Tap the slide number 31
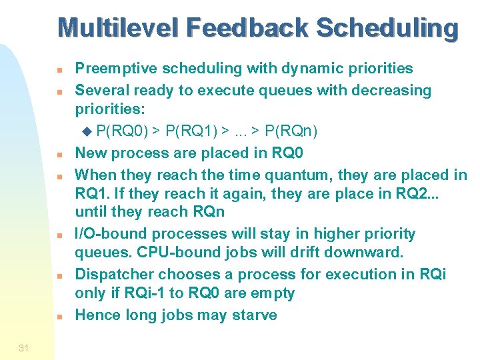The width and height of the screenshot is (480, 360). [24, 348]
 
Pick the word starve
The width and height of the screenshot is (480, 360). [254, 315]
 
